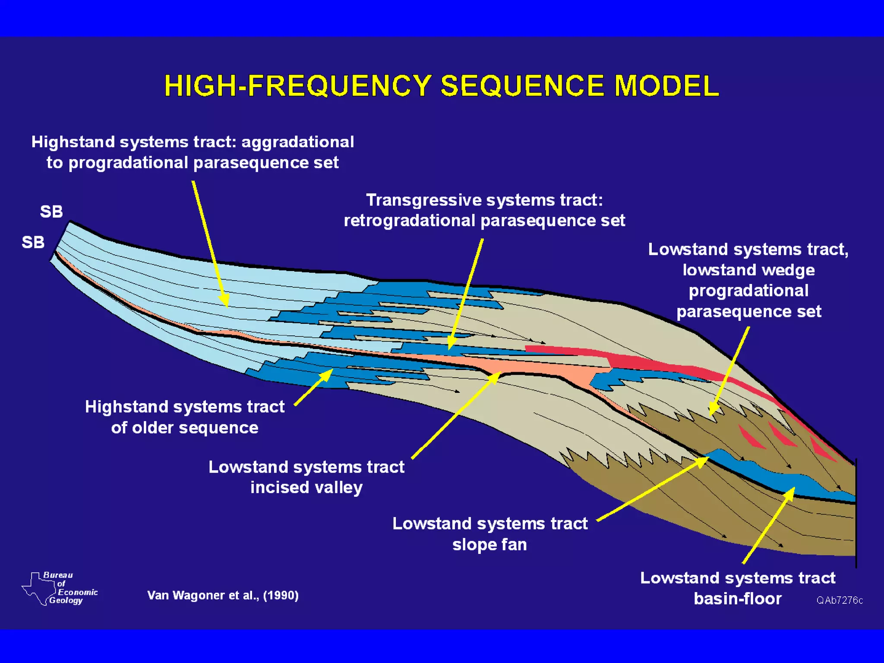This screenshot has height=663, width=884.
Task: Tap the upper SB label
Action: click(x=51, y=212)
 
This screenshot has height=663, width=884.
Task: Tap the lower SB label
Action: click(x=33, y=243)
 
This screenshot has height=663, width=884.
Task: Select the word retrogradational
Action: click(x=410, y=221)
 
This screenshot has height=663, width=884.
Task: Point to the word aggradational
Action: click(x=298, y=142)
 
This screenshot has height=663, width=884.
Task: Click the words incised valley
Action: click(x=306, y=488)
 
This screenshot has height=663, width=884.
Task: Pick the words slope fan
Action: click(x=489, y=545)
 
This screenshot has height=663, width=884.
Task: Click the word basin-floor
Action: click(x=738, y=599)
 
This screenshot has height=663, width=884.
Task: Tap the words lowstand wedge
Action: click(x=748, y=270)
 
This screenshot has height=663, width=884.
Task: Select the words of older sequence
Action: click(x=185, y=428)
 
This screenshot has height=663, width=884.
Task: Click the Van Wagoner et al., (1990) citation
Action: click(x=223, y=596)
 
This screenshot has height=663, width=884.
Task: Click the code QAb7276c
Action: click(x=840, y=600)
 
